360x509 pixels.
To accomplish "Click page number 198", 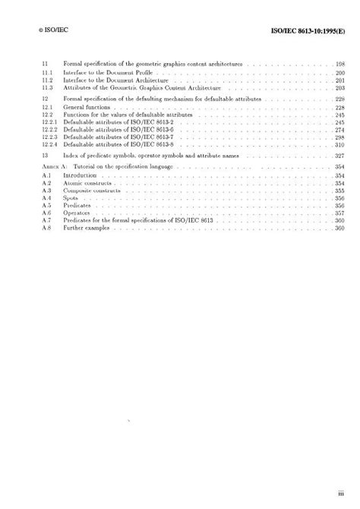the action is (340, 64).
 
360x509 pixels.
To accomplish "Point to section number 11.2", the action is (46, 81).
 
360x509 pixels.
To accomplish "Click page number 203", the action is (340, 88).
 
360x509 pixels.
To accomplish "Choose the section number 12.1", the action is (46, 107).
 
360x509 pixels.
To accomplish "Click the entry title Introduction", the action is (80, 175).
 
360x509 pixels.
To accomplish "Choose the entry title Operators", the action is (78, 213).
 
